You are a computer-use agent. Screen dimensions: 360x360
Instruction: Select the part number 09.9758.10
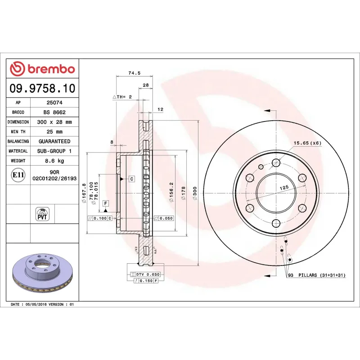tap(43, 88)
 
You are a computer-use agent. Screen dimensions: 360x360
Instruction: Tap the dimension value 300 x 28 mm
tap(54, 122)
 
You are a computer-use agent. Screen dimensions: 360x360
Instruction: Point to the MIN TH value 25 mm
tap(54, 131)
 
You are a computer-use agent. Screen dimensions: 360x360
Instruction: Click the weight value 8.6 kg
tap(54, 161)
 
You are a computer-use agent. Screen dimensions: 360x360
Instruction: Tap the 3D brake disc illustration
tap(43, 273)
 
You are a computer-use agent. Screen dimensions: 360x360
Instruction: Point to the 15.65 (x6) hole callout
tap(308, 143)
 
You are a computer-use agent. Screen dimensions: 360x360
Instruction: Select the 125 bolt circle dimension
tap(283, 187)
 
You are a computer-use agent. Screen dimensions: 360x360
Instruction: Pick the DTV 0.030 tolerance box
tap(144, 274)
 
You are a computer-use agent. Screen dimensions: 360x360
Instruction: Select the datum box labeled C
tap(132, 179)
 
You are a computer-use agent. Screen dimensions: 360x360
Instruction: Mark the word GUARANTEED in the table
tap(54, 141)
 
